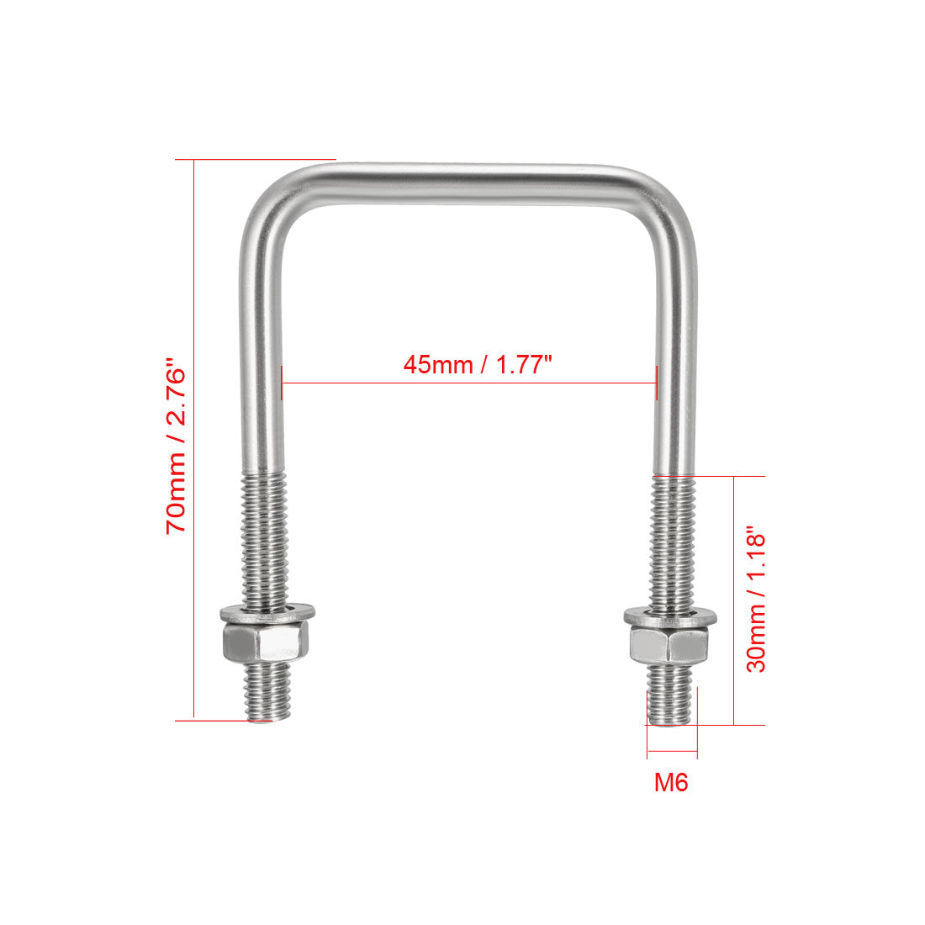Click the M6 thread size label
(x=671, y=783)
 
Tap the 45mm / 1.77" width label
(x=477, y=366)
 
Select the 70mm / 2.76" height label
(x=177, y=447)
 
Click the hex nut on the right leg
(x=670, y=646)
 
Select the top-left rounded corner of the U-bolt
(x=267, y=200)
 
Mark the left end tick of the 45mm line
(x=283, y=383)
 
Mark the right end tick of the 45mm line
(x=656, y=383)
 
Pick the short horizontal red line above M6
(x=672, y=751)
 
